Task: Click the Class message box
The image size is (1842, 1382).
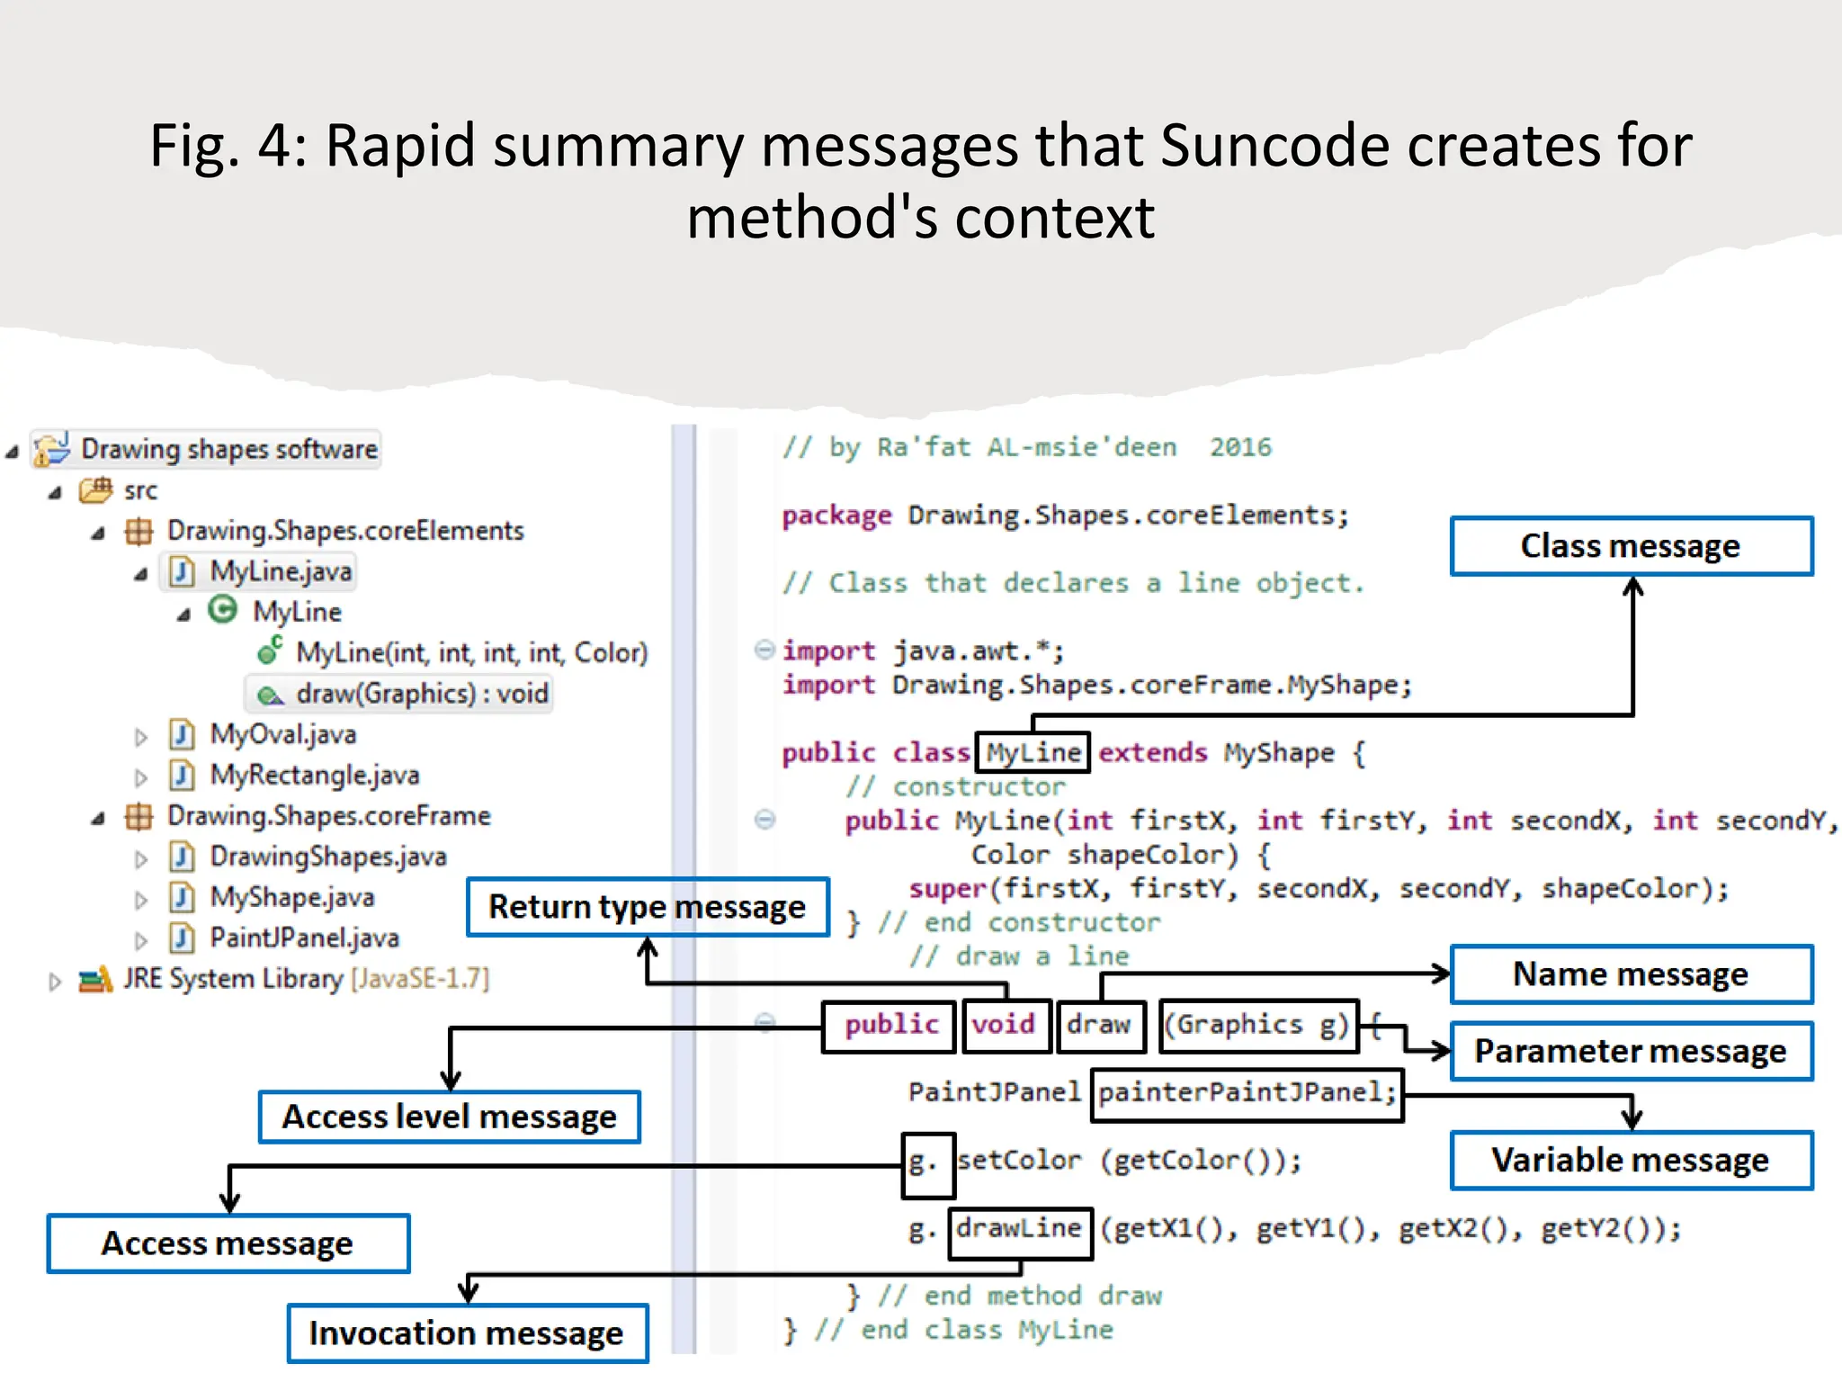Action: point(1631,546)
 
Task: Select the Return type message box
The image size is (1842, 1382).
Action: point(648,907)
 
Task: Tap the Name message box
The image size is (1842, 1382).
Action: point(1631,974)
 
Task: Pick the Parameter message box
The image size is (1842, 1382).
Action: point(1631,1051)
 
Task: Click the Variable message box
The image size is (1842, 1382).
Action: point(1631,1160)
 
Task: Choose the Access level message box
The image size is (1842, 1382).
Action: point(450,1117)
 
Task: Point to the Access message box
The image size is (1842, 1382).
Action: point(228,1243)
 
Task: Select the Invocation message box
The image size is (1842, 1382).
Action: point(467,1333)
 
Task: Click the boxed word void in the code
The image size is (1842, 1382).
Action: point(1005,1026)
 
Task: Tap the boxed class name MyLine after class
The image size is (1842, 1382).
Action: point(1033,752)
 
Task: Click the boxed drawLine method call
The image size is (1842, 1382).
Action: point(1019,1230)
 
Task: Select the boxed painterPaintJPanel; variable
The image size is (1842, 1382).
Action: point(1246,1093)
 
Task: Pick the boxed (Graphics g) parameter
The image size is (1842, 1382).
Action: point(1257,1026)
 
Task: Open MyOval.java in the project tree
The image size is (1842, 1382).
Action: point(282,734)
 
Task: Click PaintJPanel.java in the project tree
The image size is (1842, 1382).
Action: point(304,938)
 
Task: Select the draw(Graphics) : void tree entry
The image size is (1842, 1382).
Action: point(421,694)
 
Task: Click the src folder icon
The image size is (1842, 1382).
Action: point(95,490)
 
